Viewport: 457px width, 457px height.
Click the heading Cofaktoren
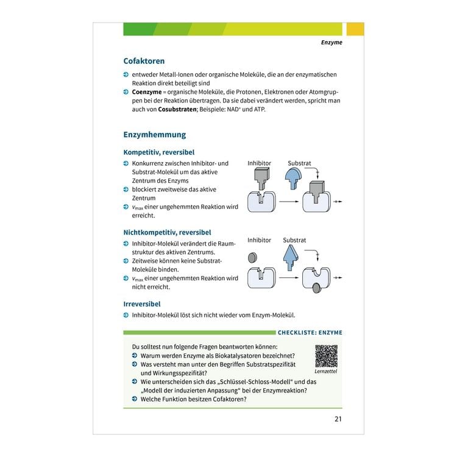click(144, 61)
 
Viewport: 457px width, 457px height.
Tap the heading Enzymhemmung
click(155, 135)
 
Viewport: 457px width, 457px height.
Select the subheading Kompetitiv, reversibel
click(159, 152)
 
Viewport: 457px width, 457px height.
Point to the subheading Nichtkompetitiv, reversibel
click(167, 232)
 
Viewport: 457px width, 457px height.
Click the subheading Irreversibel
click(142, 304)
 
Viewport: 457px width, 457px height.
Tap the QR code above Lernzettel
click(327, 356)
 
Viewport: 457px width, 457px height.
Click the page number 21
click(338, 419)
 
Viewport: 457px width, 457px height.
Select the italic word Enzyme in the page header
click(331, 43)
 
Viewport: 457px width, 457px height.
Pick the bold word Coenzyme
click(147, 92)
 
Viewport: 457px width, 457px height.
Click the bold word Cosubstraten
click(177, 109)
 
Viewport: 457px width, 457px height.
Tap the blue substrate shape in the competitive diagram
click(293, 179)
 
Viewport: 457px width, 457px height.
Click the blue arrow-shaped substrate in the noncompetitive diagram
click(291, 257)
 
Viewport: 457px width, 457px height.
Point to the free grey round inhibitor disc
click(252, 257)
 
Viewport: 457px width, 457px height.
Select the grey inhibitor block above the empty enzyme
click(261, 179)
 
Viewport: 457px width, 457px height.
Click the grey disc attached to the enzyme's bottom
click(317, 288)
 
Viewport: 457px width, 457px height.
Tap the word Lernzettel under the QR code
click(326, 371)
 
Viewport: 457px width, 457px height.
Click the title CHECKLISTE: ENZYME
click(310, 333)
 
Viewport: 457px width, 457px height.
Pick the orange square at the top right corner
click(355, 29)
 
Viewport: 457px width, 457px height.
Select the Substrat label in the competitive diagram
click(299, 163)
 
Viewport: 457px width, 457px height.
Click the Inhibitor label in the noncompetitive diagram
click(259, 240)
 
